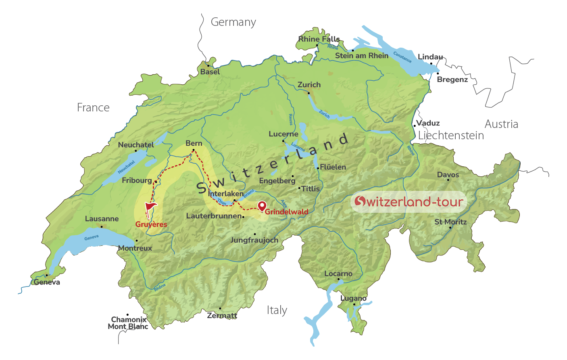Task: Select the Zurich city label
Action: [309, 85]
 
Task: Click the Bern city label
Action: [194, 143]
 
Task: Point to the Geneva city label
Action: [47, 282]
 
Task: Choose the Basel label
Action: [210, 72]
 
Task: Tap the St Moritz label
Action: [450, 222]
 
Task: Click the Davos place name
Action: [448, 175]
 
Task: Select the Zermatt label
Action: [222, 316]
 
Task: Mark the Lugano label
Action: [353, 298]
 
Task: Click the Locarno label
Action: [338, 274]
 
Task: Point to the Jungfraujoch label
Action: [254, 240]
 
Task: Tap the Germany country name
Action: [233, 22]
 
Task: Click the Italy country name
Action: [277, 310]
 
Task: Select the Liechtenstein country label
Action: [451, 136]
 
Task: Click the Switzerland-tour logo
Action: [409, 201]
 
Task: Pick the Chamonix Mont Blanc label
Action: [128, 323]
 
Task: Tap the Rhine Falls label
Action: [319, 39]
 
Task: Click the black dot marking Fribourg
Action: [156, 182]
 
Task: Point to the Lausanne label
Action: [102, 219]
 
